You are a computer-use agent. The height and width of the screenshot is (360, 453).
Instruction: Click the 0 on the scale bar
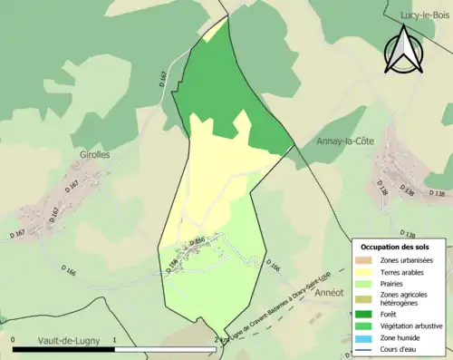pos(14,339)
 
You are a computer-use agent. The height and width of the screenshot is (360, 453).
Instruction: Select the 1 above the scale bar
pos(114,339)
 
